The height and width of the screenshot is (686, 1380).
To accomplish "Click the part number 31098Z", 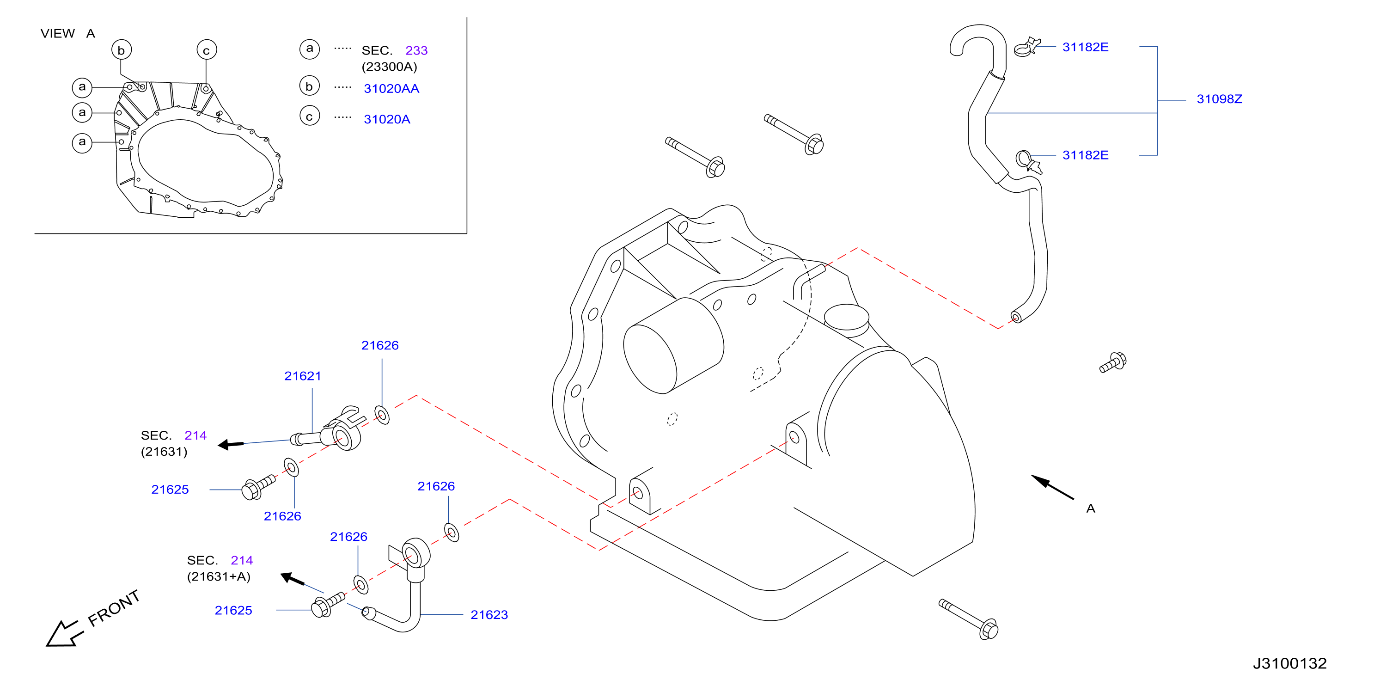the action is coord(1219,99).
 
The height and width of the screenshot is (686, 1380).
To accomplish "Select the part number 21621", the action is coord(303,376).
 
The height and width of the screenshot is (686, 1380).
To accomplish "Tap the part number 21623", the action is coord(489,615).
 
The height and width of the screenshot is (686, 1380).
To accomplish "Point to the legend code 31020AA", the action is coord(391,89).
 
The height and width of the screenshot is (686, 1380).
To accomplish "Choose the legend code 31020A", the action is coord(387,120).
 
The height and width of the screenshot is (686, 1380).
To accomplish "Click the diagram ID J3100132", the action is coord(1289,663).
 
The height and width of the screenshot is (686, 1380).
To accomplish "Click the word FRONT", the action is coord(114,608).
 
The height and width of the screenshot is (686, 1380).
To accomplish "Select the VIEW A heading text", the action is coord(68,34).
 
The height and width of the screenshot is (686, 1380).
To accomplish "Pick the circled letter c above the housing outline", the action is coord(206,50).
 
